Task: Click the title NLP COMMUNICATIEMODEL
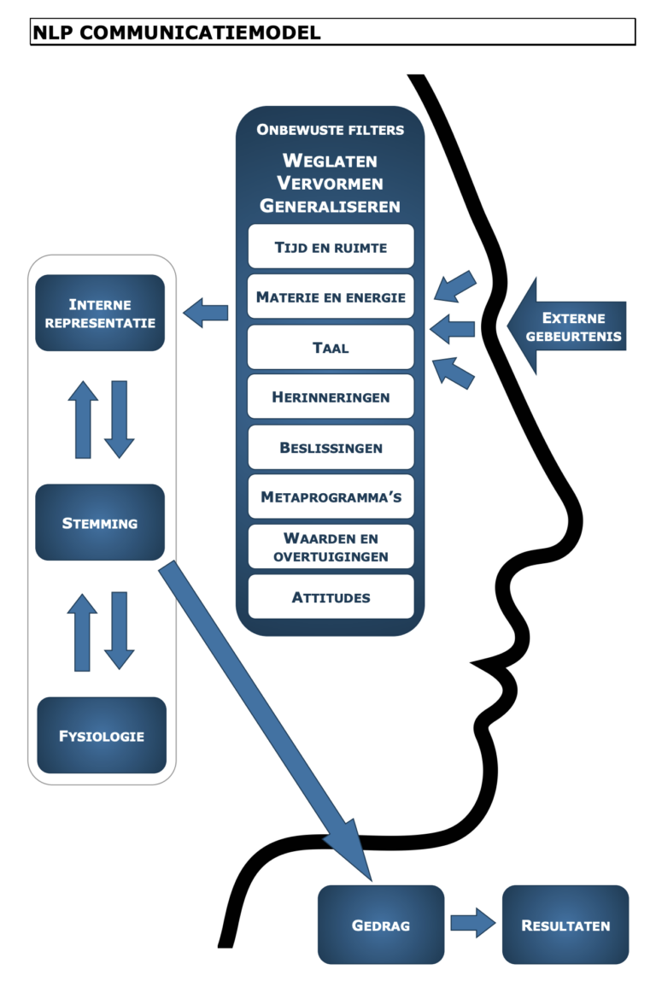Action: (177, 32)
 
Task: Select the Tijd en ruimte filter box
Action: (331, 247)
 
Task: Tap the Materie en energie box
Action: (331, 297)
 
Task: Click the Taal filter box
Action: (331, 348)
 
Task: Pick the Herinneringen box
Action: (331, 397)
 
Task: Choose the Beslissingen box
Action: (331, 447)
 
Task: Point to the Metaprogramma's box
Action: (331, 496)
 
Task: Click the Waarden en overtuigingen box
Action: (331, 547)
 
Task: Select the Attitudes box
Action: (331, 596)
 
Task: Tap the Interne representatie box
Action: (100, 313)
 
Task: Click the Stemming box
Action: (100, 522)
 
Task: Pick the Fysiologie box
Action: (102, 735)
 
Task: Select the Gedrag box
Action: (381, 925)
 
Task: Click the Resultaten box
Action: (565, 925)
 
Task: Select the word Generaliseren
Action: (330, 206)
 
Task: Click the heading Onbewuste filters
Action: (330, 131)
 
